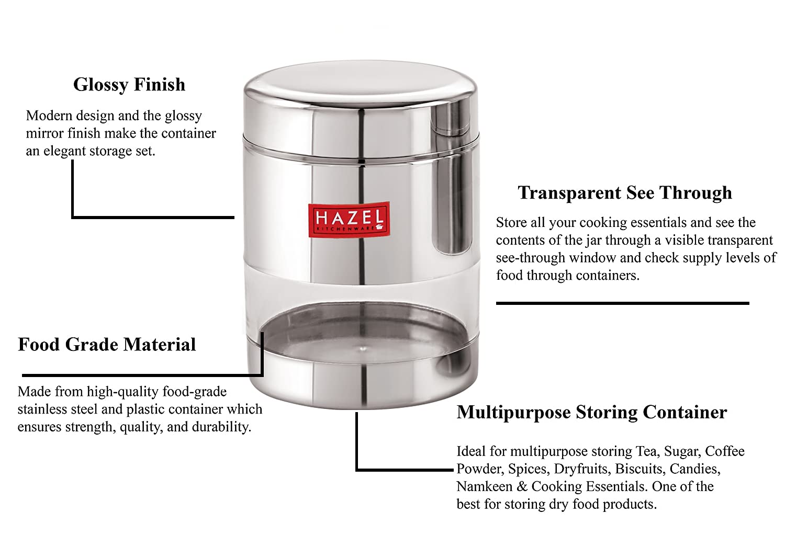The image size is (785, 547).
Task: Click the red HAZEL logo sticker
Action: (348, 219)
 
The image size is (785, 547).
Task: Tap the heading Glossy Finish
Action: (129, 85)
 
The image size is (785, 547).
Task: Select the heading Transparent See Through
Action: (625, 193)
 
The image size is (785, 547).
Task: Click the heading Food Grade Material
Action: (107, 345)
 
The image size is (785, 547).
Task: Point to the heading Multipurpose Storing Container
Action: (591, 413)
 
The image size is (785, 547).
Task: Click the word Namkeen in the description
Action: (485, 487)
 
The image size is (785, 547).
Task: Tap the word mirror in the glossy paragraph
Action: (44, 134)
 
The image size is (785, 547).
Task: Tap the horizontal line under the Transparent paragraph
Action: (622, 303)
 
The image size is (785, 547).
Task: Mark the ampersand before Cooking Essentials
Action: (522, 487)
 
